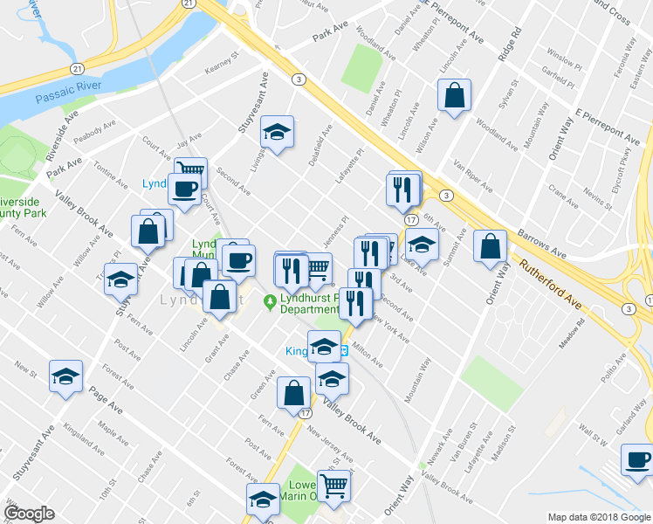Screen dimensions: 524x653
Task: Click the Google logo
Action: [29, 514]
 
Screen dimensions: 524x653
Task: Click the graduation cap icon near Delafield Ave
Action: [278, 133]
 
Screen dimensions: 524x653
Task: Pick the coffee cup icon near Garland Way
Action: [637, 460]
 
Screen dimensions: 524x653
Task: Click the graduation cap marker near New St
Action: [65, 376]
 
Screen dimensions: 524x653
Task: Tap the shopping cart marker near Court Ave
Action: [190, 169]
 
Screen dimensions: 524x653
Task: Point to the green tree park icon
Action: [270, 302]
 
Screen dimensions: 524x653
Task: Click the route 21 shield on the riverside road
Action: [78, 67]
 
